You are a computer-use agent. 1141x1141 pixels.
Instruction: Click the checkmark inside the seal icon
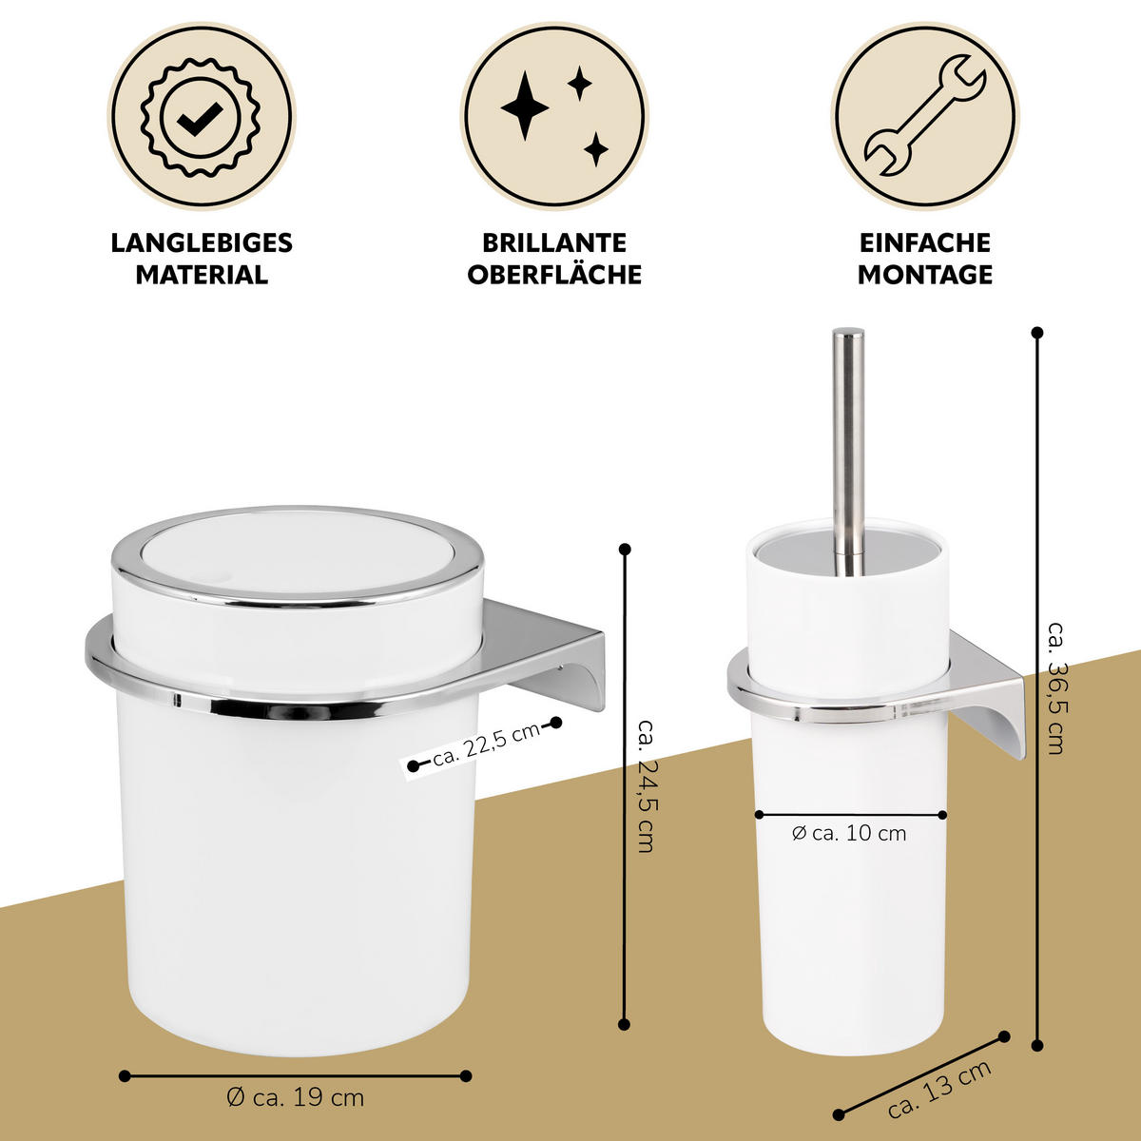tap(202, 119)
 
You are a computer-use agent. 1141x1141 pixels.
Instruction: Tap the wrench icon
tap(925, 115)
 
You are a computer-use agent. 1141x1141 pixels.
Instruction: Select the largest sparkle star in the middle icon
tap(525, 106)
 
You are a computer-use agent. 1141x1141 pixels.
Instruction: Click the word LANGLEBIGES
tap(202, 242)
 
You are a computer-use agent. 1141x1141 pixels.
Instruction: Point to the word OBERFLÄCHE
tap(554, 275)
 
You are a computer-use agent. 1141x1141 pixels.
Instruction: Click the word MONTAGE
tap(925, 275)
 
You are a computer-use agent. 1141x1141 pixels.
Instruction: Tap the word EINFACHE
tap(925, 242)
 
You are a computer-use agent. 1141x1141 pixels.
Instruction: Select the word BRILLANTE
tap(554, 242)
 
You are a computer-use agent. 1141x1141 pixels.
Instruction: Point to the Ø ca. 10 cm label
tap(849, 834)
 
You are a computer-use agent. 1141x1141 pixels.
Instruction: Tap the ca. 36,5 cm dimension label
tap(1055, 687)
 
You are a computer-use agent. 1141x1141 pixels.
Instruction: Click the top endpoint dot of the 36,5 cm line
tap(1036, 333)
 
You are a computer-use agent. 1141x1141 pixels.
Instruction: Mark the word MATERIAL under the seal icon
tap(202, 275)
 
